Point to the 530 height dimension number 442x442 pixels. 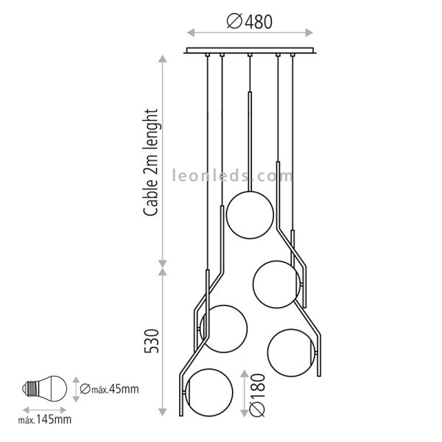point(152,340)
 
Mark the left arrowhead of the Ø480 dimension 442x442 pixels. point(189,32)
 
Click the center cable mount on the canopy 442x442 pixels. point(250,56)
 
